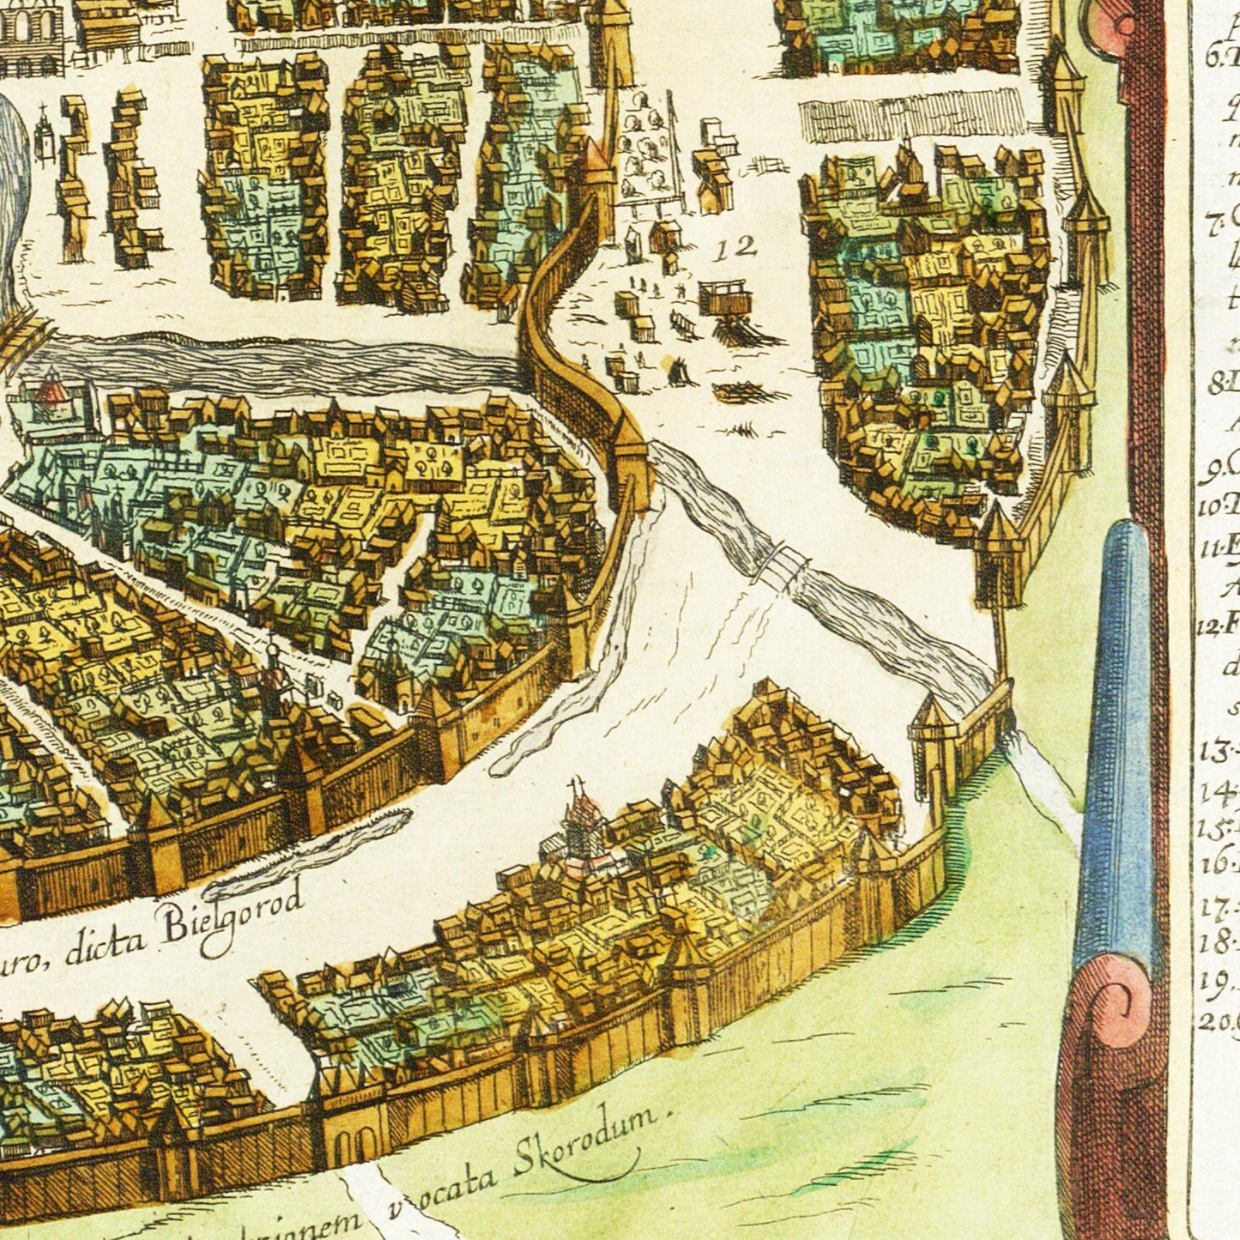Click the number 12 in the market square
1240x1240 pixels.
[737, 248]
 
